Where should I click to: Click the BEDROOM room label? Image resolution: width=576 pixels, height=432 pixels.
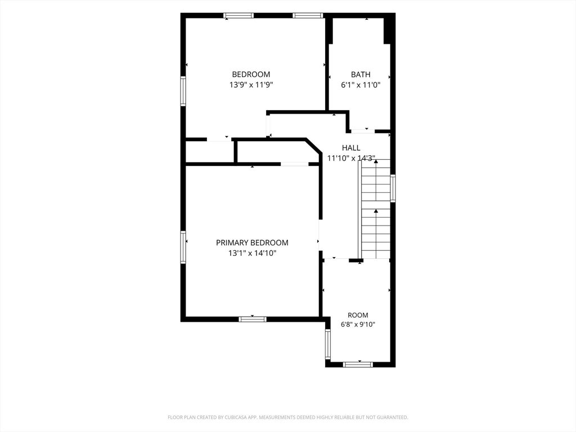[x=251, y=74]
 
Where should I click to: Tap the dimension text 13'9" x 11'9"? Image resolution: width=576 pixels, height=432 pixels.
[x=251, y=85]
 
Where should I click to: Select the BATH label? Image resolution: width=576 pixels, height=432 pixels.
[x=361, y=75]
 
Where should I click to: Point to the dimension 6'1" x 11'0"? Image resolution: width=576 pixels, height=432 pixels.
[x=361, y=85]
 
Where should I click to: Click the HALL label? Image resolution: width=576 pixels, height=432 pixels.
[x=351, y=148]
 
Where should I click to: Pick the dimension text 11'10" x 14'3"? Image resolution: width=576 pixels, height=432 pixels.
[x=351, y=158]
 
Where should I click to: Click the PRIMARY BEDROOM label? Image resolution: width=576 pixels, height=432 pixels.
[x=252, y=242]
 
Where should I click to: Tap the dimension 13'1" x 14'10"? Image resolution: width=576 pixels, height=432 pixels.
[x=252, y=253]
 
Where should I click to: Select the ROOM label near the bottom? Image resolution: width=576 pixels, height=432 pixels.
[x=358, y=315]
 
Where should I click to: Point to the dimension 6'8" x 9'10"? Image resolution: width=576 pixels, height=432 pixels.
[x=358, y=325]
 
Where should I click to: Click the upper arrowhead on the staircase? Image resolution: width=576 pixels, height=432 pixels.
[x=376, y=161]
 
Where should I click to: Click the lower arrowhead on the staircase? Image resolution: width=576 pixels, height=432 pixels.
[x=376, y=211]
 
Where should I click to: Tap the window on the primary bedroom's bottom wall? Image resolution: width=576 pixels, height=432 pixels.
[x=253, y=319]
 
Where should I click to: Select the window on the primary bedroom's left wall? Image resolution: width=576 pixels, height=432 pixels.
[x=183, y=247]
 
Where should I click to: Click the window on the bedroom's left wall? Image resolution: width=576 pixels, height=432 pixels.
[x=183, y=91]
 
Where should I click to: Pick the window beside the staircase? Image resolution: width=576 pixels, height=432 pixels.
[x=393, y=188]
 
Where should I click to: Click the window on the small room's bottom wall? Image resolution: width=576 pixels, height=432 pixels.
[x=358, y=364]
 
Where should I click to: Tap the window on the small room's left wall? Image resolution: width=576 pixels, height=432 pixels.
[x=328, y=344]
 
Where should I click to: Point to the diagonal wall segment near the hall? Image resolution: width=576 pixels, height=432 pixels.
[x=314, y=146]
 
